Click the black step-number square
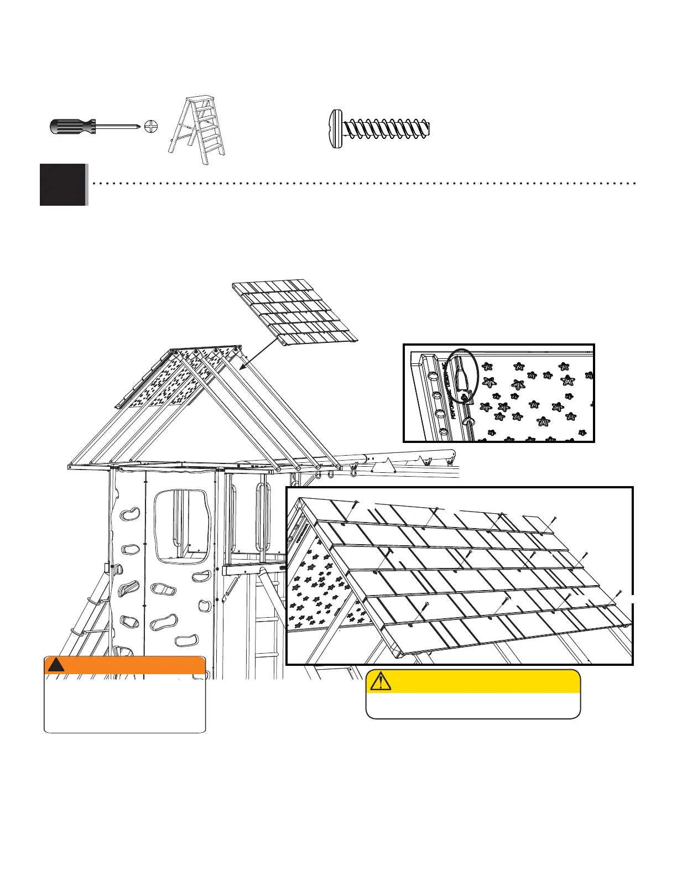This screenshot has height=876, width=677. tap(63, 184)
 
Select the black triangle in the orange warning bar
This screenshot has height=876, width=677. tap(56, 665)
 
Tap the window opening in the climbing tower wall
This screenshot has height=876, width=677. tap(182, 526)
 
